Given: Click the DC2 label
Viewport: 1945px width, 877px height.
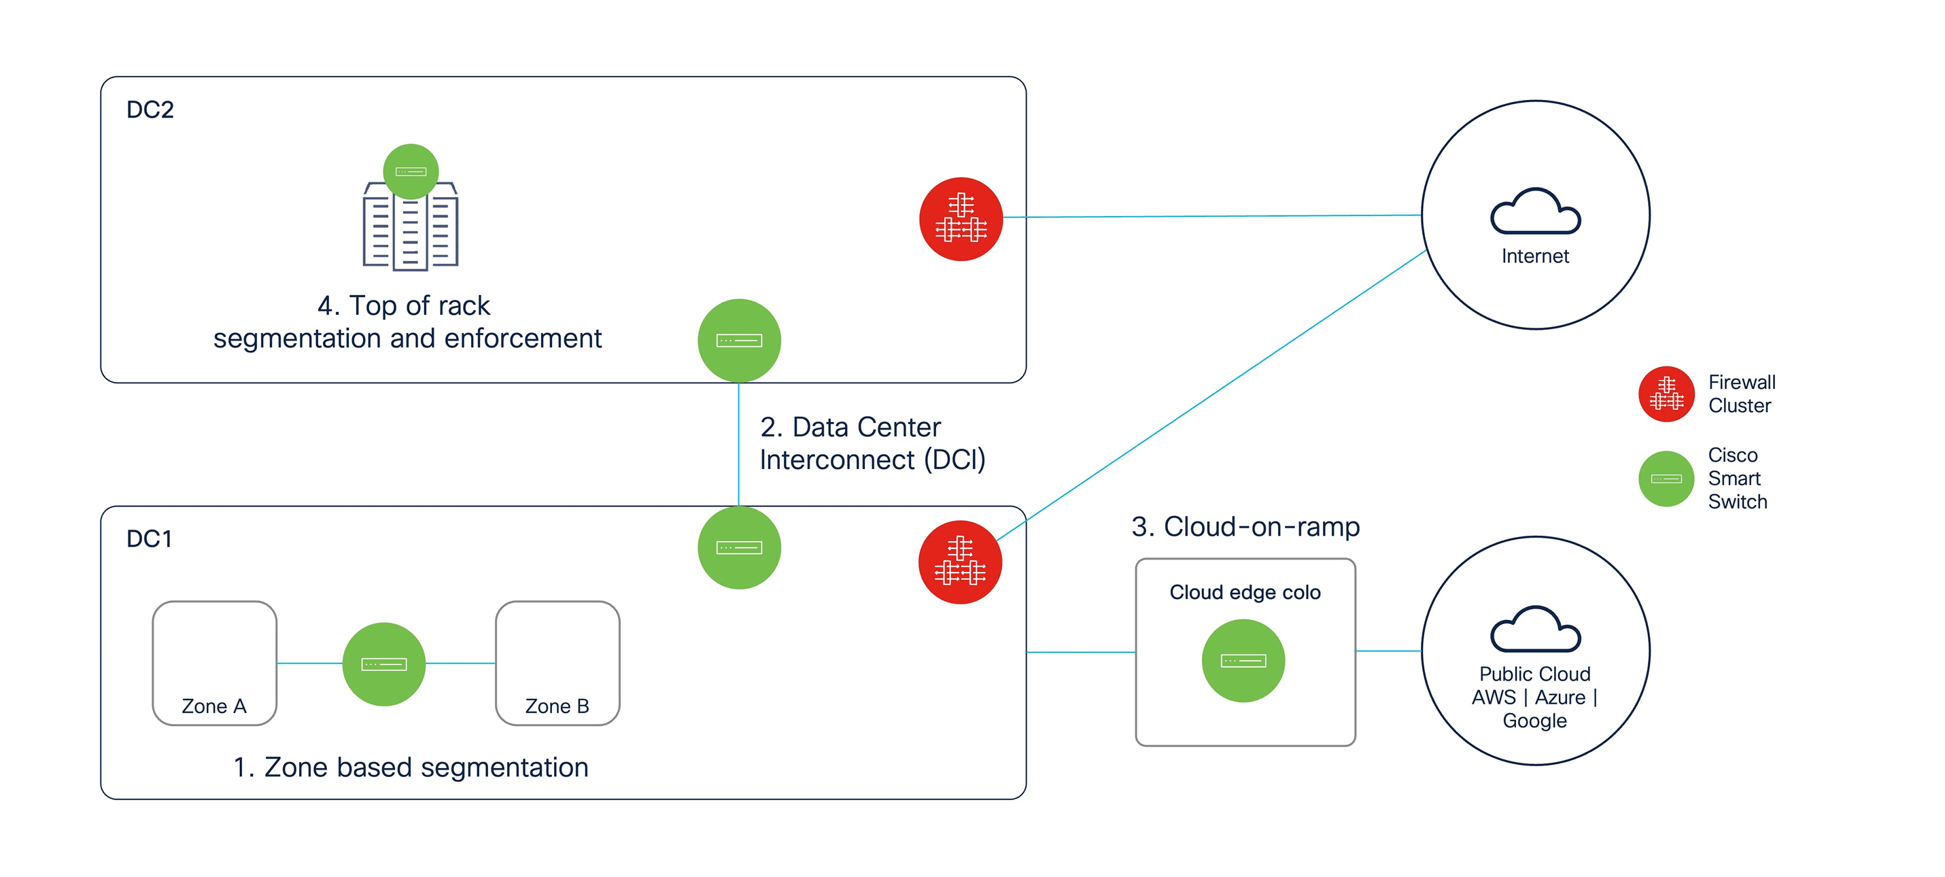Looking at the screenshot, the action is coord(150,109).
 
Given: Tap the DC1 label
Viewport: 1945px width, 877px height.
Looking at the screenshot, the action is coord(150,538).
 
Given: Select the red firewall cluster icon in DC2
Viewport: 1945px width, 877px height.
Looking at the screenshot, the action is coord(961,219).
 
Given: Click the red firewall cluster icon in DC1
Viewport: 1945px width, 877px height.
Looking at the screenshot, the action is coord(960,562).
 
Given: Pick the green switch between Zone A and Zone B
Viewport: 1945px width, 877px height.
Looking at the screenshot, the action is coord(383,664).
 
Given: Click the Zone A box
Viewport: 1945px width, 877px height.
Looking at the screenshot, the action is coord(214,664).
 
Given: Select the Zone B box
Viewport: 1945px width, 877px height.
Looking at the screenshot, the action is coord(557,664).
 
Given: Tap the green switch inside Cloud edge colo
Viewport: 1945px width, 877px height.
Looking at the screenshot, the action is coord(1243,661).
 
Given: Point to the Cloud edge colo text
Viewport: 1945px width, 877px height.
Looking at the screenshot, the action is coord(1245,592).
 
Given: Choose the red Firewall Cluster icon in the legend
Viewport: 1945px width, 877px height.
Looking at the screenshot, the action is coord(1666,394).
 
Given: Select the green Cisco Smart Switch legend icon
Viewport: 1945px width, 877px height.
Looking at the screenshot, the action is coord(1666,479).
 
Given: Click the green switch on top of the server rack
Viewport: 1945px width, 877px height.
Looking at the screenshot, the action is coord(411,171).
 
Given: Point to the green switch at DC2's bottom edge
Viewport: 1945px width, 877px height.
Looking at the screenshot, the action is coord(738,341).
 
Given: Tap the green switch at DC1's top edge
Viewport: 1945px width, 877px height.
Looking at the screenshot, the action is coord(738,548).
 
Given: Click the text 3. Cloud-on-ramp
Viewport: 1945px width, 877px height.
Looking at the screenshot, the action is coord(1245,526).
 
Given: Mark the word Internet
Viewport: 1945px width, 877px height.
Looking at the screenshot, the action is coord(1535,256).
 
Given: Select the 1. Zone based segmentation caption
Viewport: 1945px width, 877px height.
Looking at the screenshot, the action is coord(411,768).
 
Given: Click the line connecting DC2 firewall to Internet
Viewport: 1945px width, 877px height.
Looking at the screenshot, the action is coord(1212,216).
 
